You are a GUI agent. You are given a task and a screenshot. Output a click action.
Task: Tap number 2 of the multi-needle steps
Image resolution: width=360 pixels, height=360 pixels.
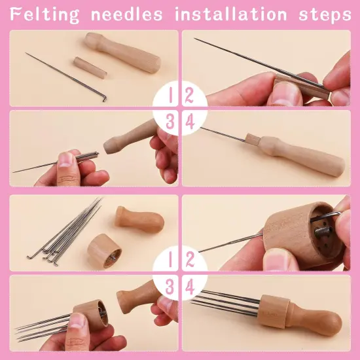point(190,259)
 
